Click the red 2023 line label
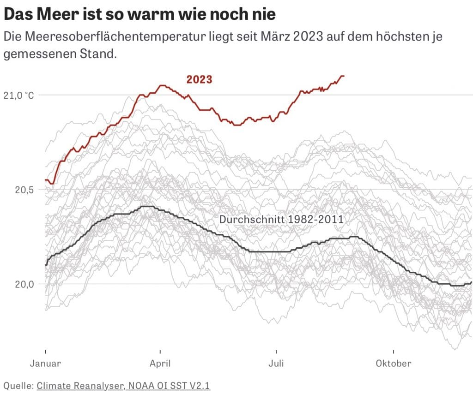(x=199, y=79)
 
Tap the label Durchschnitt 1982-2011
(x=281, y=219)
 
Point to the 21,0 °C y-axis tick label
(x=19, y=96)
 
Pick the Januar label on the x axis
(x=45, y=363)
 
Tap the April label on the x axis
(x=160, y=363)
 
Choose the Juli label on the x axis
(x=276, y=363)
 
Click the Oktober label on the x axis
(x=393, y=363)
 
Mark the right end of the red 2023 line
(x=344, y=76)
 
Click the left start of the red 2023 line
(x=45, y=180)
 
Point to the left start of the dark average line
(x=45, y=265)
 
